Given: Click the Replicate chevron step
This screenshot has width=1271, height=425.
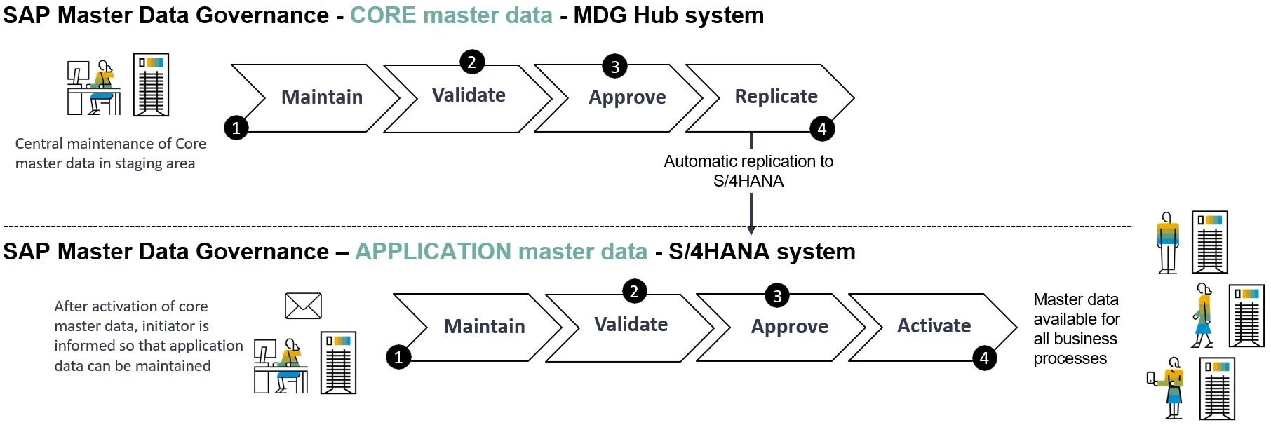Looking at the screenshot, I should click(775, 97).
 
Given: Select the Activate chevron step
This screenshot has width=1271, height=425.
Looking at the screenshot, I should click(934, 326).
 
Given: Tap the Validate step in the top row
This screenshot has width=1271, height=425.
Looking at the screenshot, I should click(469, 96).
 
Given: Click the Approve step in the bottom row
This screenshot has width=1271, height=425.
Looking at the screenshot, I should click(789, 327).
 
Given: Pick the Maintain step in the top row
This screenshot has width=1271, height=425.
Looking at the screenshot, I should click(321, 97).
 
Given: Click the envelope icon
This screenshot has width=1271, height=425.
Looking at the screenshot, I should click(303, 306).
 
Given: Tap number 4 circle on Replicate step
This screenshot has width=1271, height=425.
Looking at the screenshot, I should click(822, 128).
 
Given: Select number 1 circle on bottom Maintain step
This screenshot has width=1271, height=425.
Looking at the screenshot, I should click(398, 358).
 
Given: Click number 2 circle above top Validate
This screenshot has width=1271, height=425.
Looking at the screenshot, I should click(472, 62).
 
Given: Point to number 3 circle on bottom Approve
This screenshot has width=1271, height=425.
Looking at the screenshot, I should click(776, 295).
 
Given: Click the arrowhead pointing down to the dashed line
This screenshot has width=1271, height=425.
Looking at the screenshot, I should click(751, 229).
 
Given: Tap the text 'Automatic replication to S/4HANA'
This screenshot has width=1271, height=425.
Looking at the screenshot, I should click(748, 171).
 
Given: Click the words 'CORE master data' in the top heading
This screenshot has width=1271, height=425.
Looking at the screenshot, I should click(451, 15).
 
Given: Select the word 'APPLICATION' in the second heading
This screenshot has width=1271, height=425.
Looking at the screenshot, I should click(433, 252).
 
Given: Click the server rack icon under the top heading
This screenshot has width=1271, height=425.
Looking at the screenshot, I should click(152, 84).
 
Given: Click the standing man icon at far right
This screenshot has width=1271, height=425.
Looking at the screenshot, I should click(1167, 242).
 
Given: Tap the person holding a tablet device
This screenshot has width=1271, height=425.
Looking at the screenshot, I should click(1170, 387).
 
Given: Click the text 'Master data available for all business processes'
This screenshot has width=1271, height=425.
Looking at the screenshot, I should click(1075, 329).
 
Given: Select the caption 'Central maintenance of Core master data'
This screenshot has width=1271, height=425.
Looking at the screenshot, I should click(110, 154).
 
